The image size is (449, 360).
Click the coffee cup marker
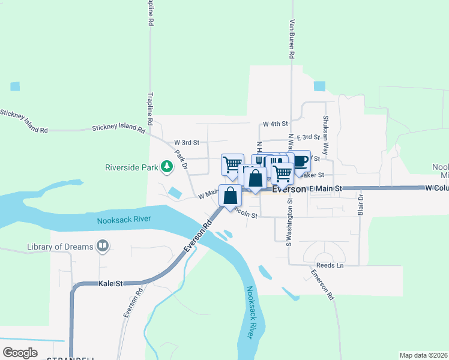pos(300,161)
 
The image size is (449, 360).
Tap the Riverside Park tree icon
pos(168,167)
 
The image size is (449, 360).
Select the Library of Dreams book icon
pos(103,246)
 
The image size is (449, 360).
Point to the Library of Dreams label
pos(60,247)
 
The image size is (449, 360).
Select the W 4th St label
pos(276,124)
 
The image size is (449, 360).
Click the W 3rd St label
pos(186,142)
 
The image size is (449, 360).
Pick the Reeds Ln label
pos(331,265)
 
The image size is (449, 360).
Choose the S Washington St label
pos(289,222)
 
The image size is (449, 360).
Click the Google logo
pos(20,353)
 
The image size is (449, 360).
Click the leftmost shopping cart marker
pos(232,164)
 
